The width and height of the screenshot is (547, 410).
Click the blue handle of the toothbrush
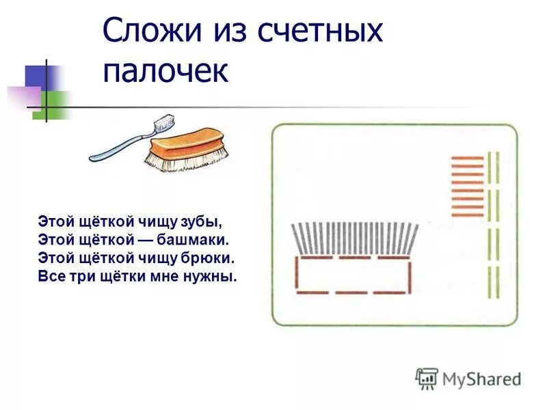116,147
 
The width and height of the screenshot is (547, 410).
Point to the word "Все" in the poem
49,277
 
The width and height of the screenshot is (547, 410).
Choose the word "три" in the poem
75,277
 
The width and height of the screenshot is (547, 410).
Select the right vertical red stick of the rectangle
409,275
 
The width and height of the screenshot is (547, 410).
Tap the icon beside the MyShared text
427,378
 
